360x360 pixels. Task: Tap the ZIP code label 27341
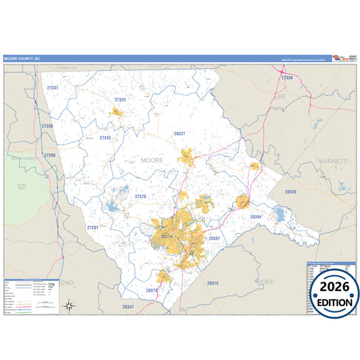pyautogui.click(x=52, y=88)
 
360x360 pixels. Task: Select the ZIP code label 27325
pyautogui.click(x=120, y=99)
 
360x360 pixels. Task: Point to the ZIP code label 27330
pyautogui.click(x=286, y=78)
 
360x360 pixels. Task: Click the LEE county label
pyautogui.click(x=280, y=97)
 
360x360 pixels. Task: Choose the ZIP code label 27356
pyautogui.click(x=47, y=126)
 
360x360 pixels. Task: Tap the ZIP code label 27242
pyautogui.click(x=105, y=137)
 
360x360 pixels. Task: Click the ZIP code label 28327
pyautogui.click(x=179, y=134)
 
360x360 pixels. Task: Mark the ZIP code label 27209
pyautogui.click(x=50, y=155)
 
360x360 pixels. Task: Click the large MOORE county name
pyautogui.click(x=153, y=160)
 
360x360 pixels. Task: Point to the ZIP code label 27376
pyautogui.click(x=140, y=196)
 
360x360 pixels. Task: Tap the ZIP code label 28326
pyautogui.click(x=290, y=192)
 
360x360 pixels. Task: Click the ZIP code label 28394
pyautogui.click(x=255, y=217)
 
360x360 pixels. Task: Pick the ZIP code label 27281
pyautogui.click(x=93, y=228)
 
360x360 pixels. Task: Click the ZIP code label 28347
pyautogui.click(x=128, y=307)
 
